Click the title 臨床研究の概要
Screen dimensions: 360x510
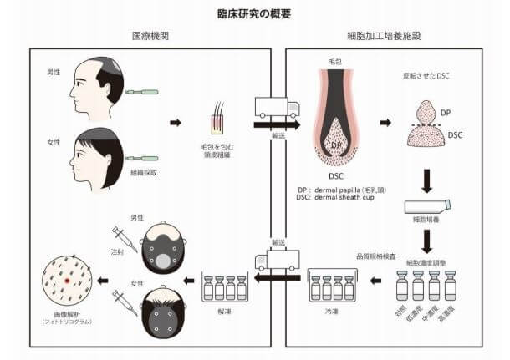pos(254,14)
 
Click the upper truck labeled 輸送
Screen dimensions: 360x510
pos(275,109)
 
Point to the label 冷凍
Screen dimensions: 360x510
pos(333,310)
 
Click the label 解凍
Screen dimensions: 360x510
pos(225,310)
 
